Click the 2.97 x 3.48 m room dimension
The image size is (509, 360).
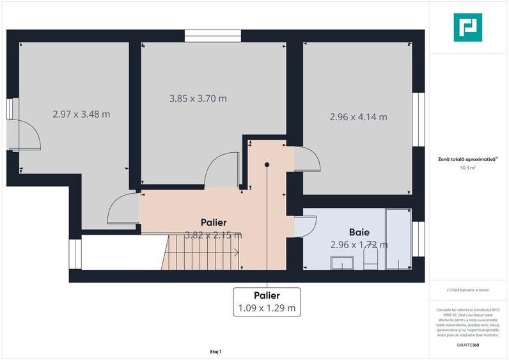point(81,114)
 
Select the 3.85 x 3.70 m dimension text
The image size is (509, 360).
point(198,98)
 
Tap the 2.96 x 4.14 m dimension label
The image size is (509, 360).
point(358,117)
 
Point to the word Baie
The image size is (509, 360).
point(359,231)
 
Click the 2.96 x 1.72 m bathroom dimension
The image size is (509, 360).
point(359,244)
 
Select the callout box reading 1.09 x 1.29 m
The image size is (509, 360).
point(267,301)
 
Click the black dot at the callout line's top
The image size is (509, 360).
point(267,164)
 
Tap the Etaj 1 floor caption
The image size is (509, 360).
point(215,351)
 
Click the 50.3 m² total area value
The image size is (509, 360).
point(467,168)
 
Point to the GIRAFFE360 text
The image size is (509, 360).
point(467,345)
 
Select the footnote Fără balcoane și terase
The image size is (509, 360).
point(467,290)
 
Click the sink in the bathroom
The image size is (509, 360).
point(341,262)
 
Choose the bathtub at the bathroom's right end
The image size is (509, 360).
point(398,240)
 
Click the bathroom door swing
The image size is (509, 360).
point(306,224)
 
